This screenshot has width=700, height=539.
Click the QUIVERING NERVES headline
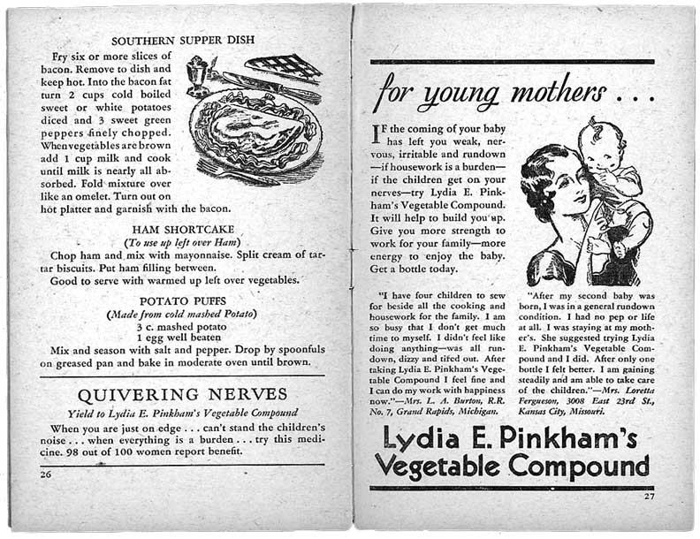182,394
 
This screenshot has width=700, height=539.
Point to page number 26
46,474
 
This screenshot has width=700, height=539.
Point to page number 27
648,496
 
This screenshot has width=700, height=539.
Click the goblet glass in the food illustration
197,74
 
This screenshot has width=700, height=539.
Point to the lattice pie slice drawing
282,65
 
